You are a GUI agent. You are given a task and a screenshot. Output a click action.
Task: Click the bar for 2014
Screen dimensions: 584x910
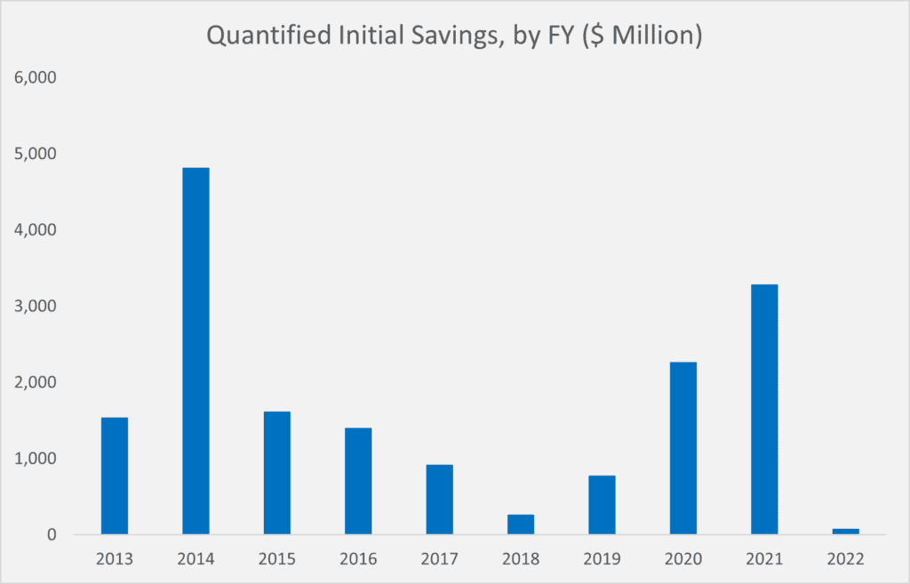(x=196, y=351)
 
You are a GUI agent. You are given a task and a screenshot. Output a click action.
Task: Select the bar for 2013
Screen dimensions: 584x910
(x=115, y=476)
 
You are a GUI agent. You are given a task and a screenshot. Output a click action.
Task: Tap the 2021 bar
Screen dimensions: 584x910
(x=764, y=409)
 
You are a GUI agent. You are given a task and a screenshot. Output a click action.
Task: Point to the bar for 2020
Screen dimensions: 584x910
(x=682, y=448)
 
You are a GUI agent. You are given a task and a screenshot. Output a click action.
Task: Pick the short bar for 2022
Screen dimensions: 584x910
(x=845, y=532)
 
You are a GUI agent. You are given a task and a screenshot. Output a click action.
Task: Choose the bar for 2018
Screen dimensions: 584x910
(x=521, y=524)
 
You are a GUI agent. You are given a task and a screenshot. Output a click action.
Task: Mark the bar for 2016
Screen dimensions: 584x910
(x=358, y=481)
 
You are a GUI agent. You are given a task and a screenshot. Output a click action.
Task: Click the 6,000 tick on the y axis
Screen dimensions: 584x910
(x=36, y=77)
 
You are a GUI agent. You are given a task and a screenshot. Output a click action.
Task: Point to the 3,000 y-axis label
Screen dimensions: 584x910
(x=36, y=306)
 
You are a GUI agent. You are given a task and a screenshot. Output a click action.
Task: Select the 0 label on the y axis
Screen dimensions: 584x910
(x=52, y=535)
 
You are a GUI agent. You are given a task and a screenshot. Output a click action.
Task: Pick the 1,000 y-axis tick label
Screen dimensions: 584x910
(x=36, y=459)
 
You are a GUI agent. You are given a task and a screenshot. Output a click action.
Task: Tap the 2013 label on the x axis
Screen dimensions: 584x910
(x=115, y=560)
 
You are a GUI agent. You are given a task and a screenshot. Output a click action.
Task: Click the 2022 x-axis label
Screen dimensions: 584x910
(x=845, y=560)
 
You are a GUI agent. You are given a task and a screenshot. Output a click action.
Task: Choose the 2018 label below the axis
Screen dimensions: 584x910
(x=521, y=560)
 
